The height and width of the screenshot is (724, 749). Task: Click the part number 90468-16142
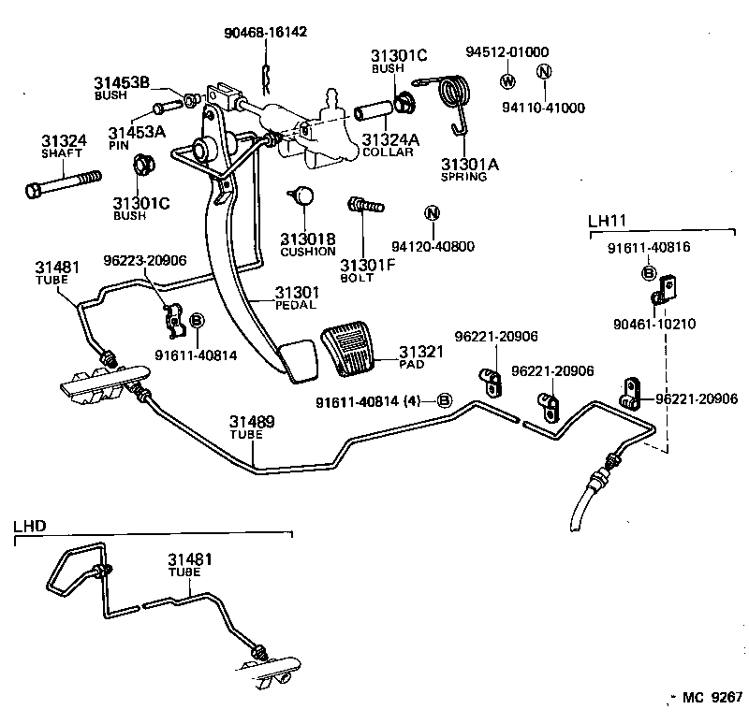[x=265, y=33]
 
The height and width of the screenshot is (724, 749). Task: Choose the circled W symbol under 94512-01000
[x=507, y=79]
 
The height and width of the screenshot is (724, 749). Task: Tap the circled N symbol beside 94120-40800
[x=432, y=212]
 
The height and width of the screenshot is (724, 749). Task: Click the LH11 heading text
[x=606, y=222]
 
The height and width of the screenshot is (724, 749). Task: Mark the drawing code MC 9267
[x=712, y=697]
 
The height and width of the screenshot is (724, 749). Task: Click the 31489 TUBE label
[x=253, y=428]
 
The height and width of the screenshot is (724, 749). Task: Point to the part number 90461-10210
[x=654, y=324]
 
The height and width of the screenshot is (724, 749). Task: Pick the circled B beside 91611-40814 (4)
[x=445, y=401]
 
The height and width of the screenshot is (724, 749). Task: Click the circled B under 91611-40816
[x=647, y=272]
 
